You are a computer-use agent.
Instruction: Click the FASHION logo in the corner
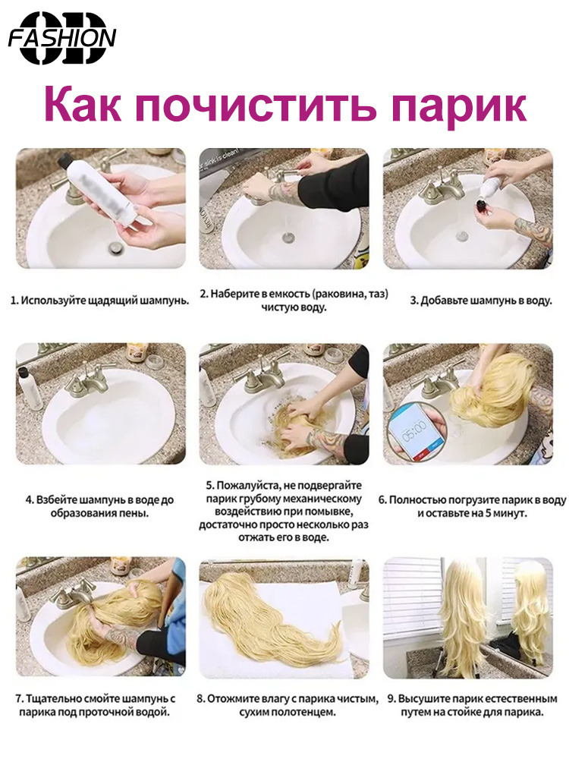pyautogui.click(x=62, y=38)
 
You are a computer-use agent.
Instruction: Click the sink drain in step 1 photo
pyautogui.click(x=115, y=247)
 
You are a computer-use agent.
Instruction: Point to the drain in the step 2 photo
pyautogui.click(x=288, y=238)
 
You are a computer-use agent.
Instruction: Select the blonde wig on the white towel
pyautogui.click(x=271, y=617)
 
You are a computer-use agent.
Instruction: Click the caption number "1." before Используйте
pyautogui.click(x=15, y=301)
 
